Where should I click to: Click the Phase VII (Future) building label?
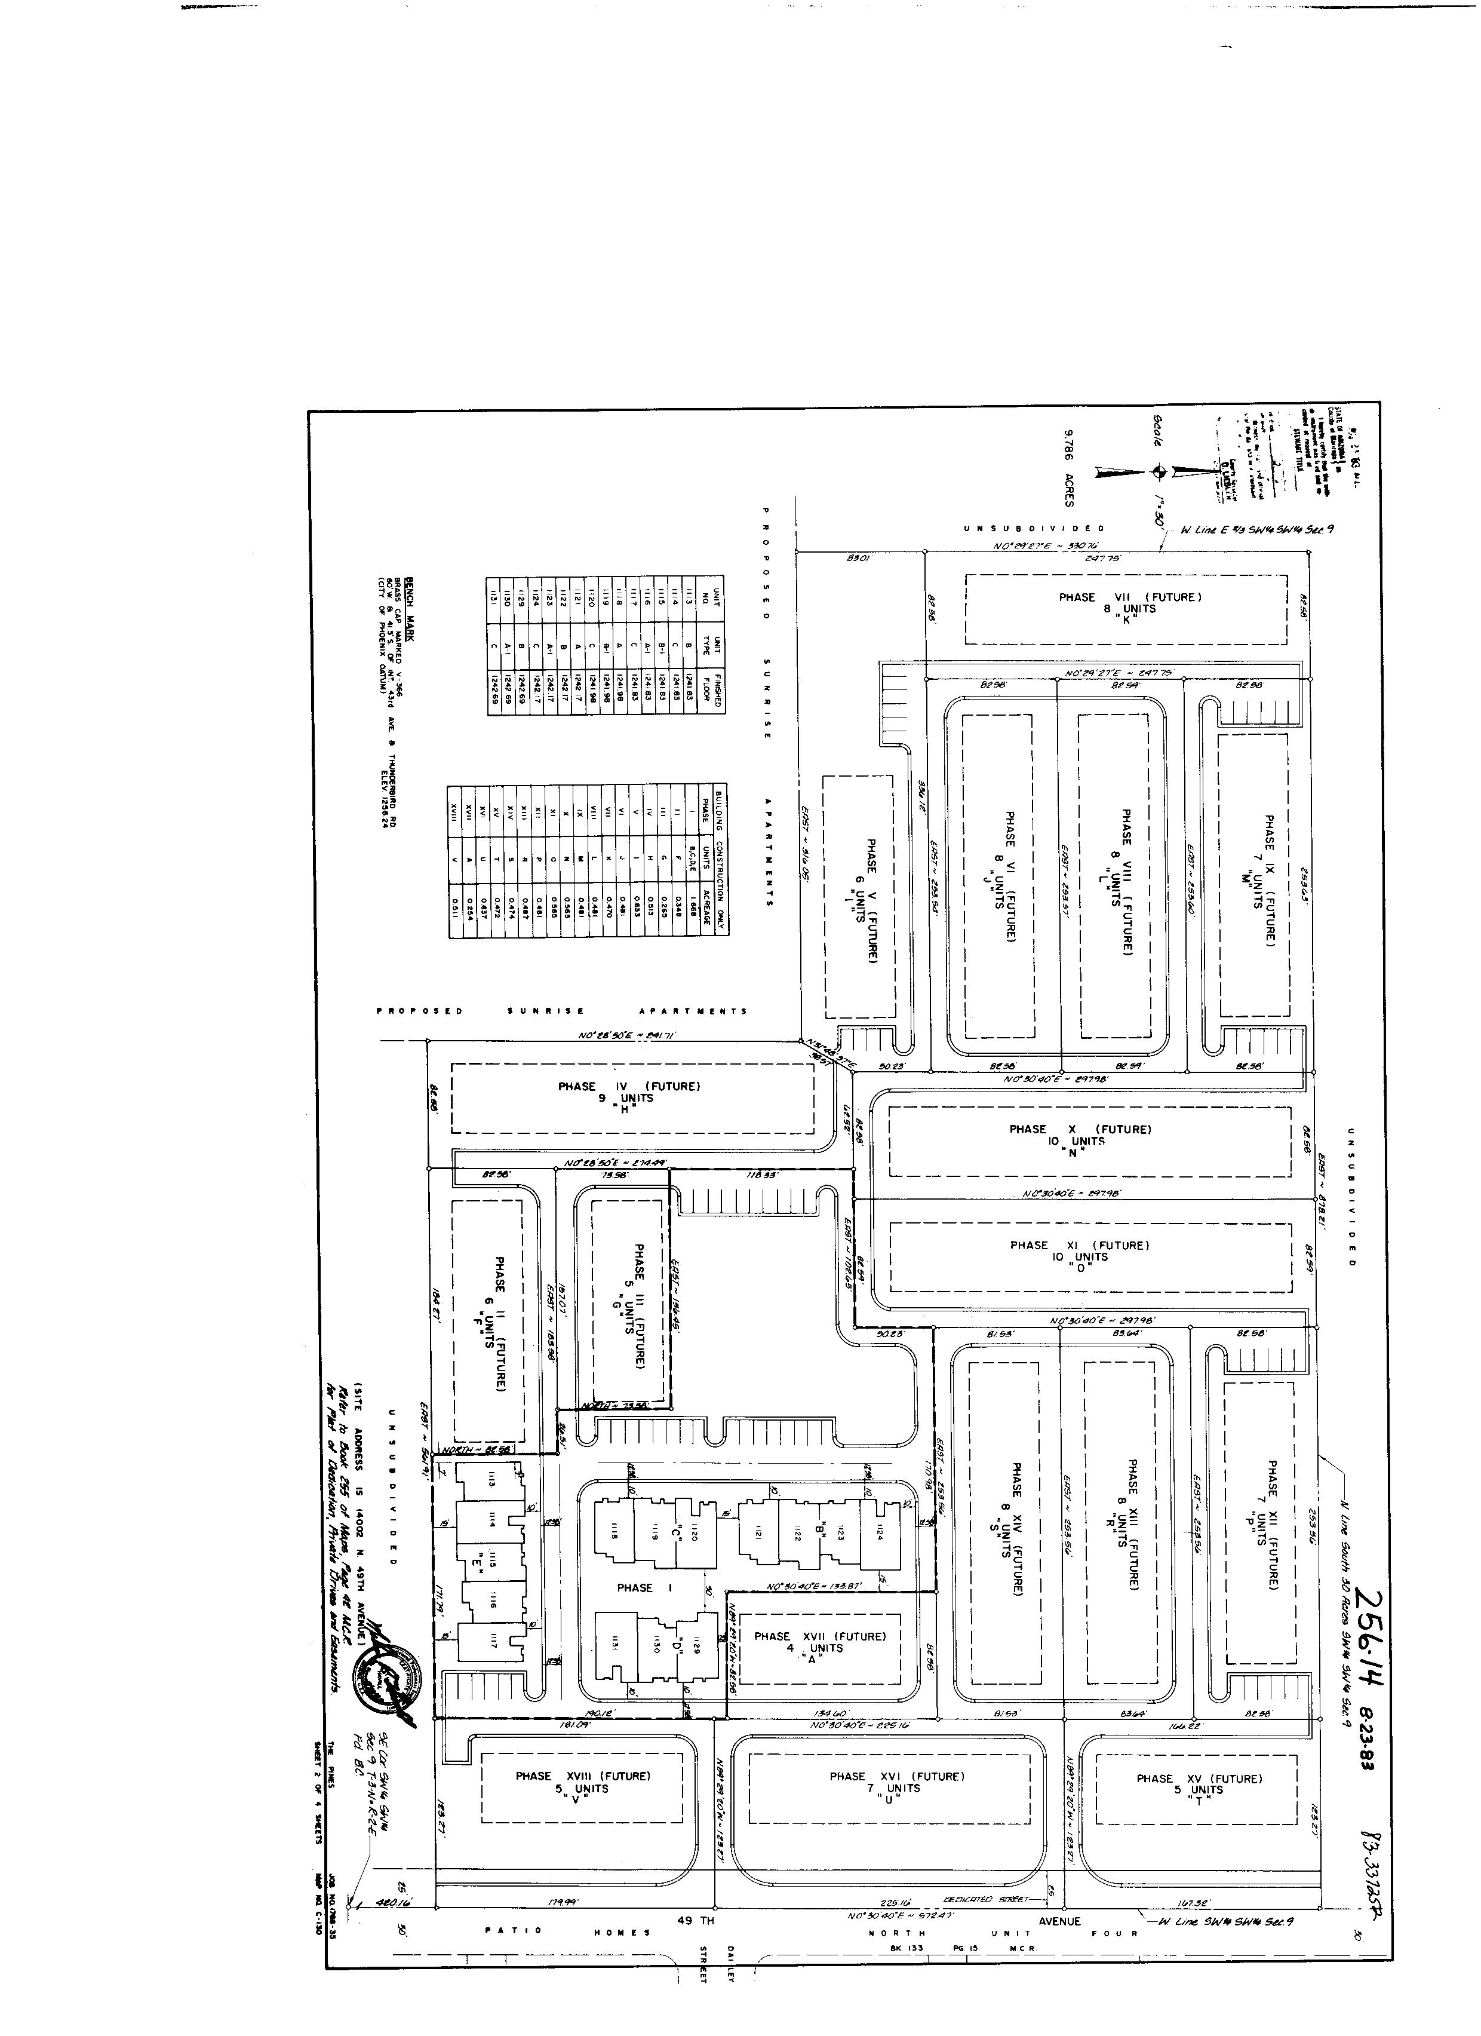pyautogui.click(x=1129, y=597)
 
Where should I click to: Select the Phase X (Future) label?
pyautogui.click(x=1080, y=1129)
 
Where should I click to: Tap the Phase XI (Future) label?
pyautogui.click(x=1080, y=1245)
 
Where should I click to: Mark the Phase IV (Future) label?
pyautogui.click(x=628, y=1086)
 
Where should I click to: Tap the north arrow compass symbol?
pyautogui.click(x=1159, y=468)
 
